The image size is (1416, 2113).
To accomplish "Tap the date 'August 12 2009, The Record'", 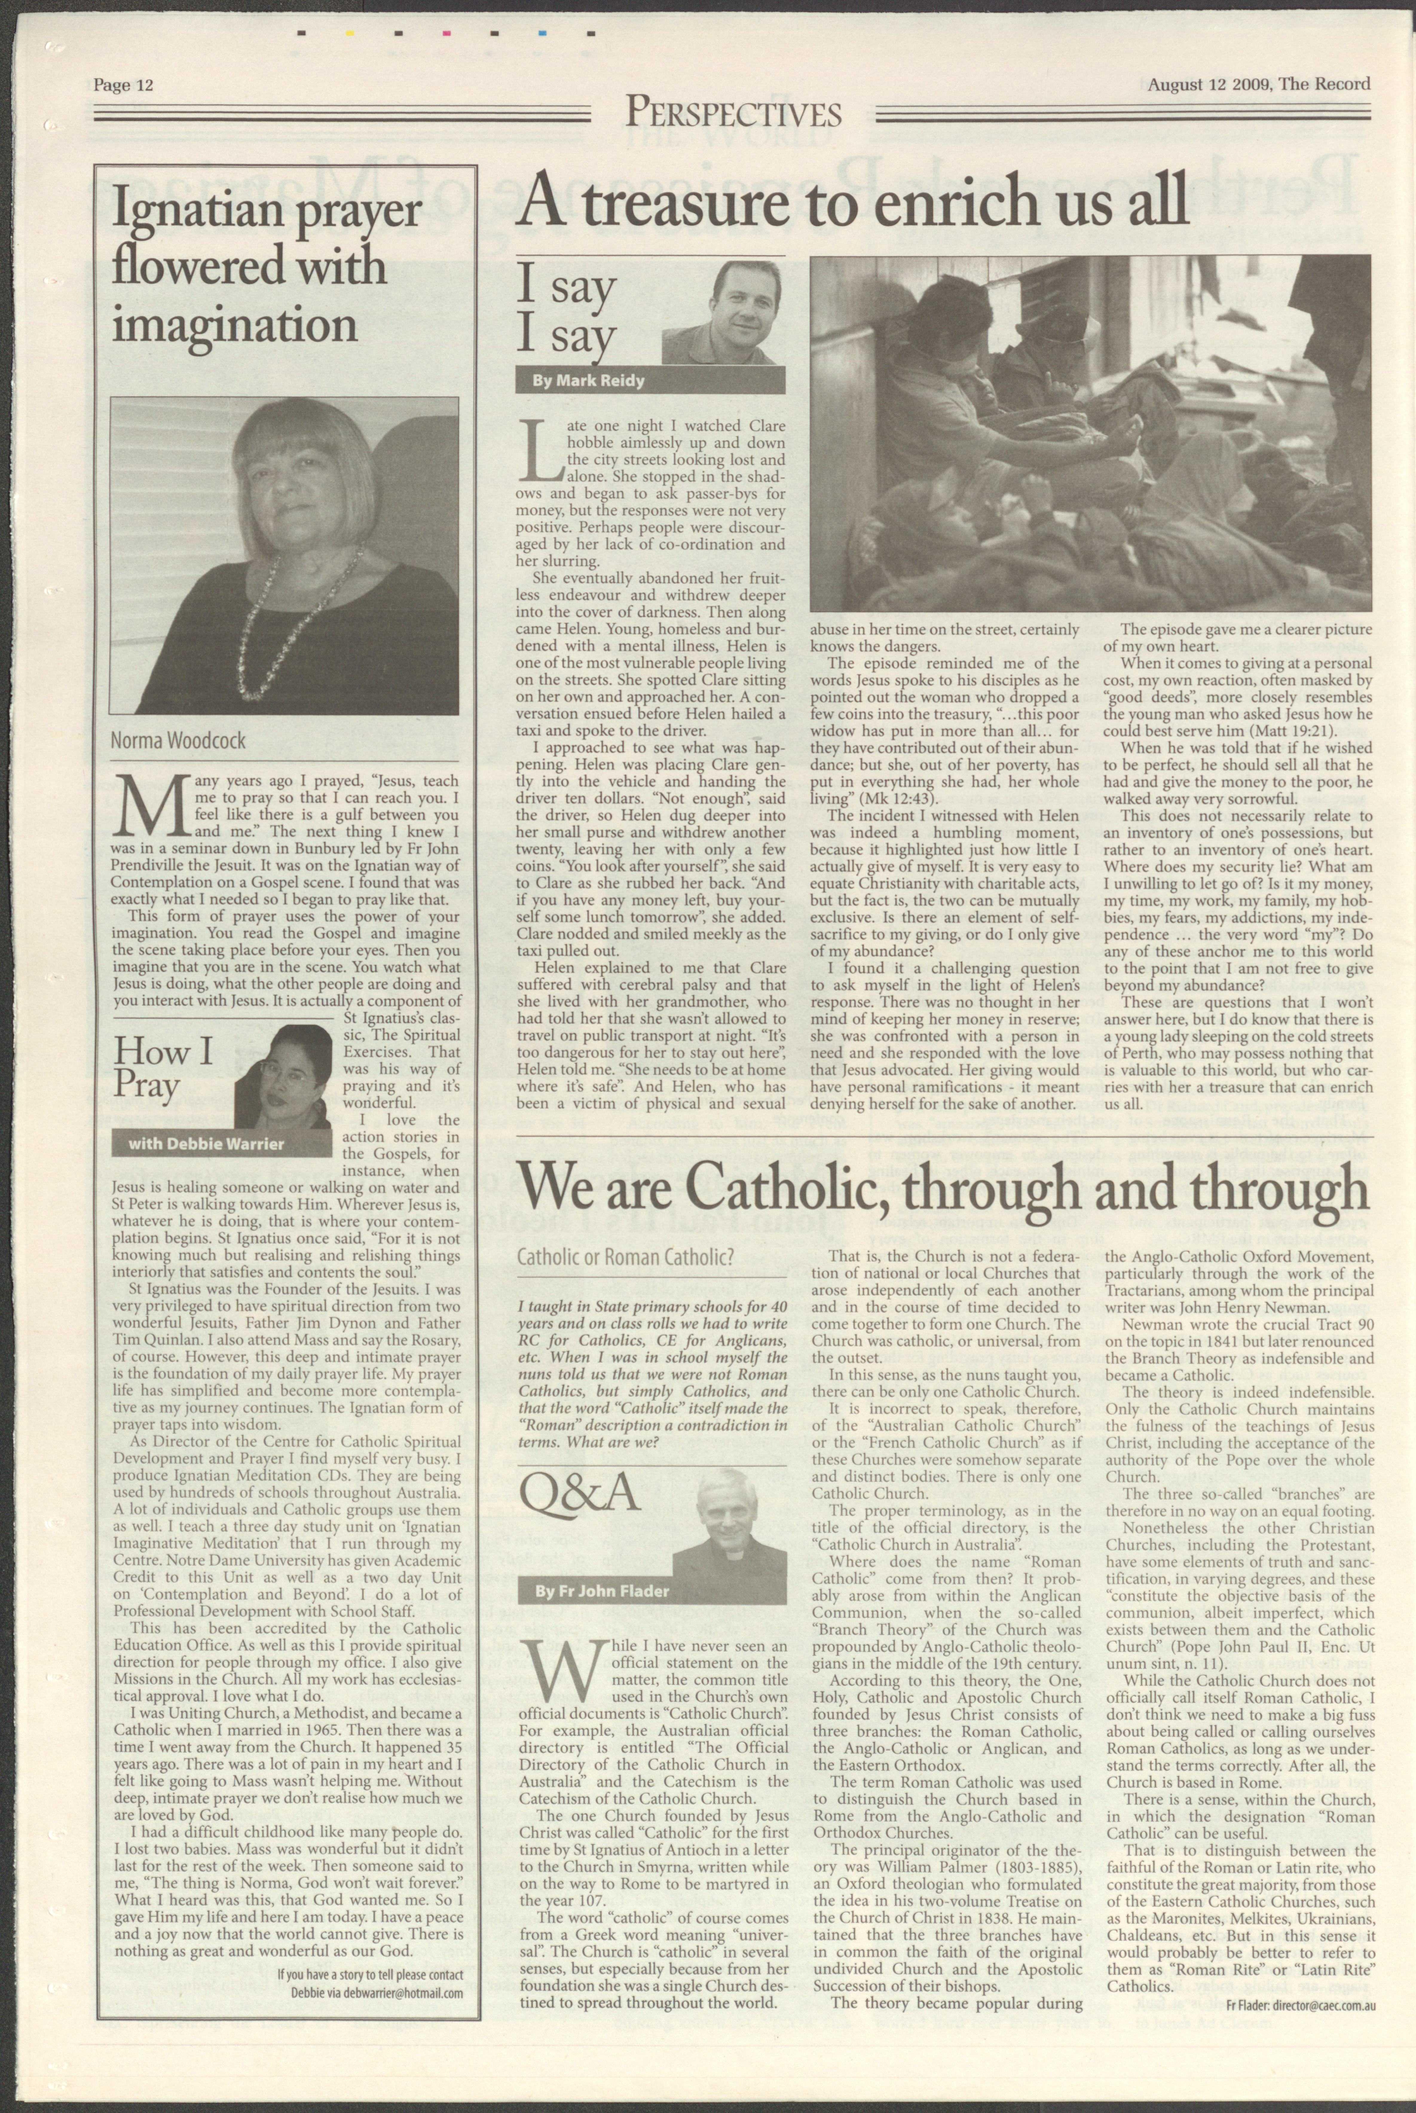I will (x=1259, y=84).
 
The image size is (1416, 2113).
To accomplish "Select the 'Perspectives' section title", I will (x=733, y=114).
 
